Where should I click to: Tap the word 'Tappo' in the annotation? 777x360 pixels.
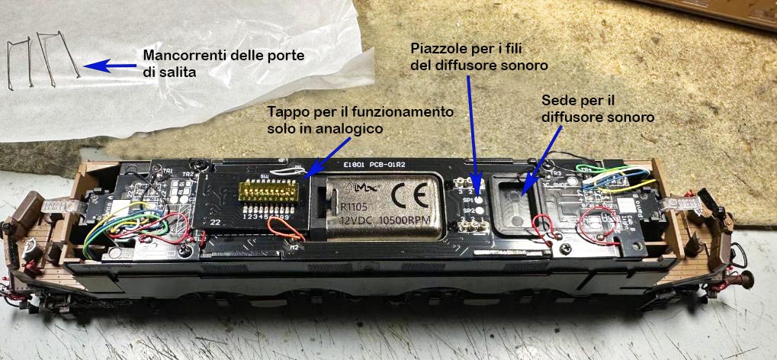coord(285,112)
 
